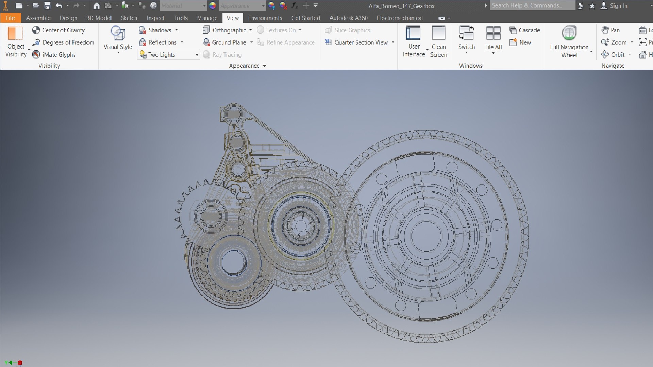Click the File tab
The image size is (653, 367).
[10, 18]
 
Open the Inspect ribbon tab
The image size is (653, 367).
[155, 18]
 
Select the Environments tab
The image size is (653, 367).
[265, 18]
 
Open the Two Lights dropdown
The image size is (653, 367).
[197, 55]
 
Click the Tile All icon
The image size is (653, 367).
[493, 34]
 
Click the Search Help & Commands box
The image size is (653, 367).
[532, 5]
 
